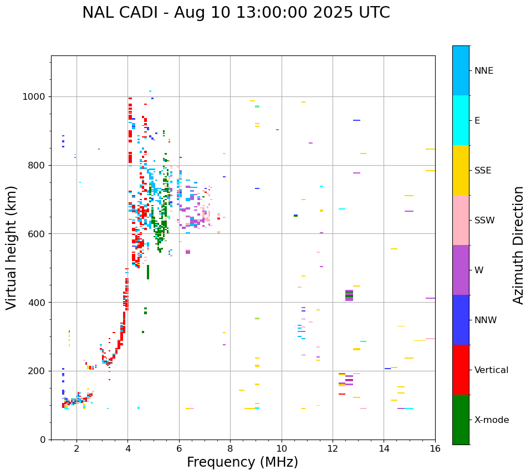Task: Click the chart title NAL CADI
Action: (x=236, y=13)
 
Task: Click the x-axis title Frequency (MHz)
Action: (x=242, y=462)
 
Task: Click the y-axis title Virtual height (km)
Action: (x=12, y=248)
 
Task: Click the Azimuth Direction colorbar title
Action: (x=518, y=245)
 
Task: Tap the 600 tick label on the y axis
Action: (x=39, y=234)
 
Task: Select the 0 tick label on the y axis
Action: (x=43, y=440)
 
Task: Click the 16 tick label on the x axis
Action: (x=435, y=448)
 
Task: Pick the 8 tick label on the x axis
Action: (x=230, y=448)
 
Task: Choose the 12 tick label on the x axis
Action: (x=333, y=448)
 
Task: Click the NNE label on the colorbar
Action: (x=483, y=71)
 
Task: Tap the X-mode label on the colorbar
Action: (x=491, y=420)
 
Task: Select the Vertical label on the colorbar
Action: (x=491, y=370)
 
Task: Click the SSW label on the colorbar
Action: (x=484, y=221)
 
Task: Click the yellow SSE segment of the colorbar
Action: (x=461, y=170)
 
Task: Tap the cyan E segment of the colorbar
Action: (x=461, y=120)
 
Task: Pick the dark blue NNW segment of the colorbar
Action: (x=461, y=320)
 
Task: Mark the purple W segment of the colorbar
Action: (x=461, y=270)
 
